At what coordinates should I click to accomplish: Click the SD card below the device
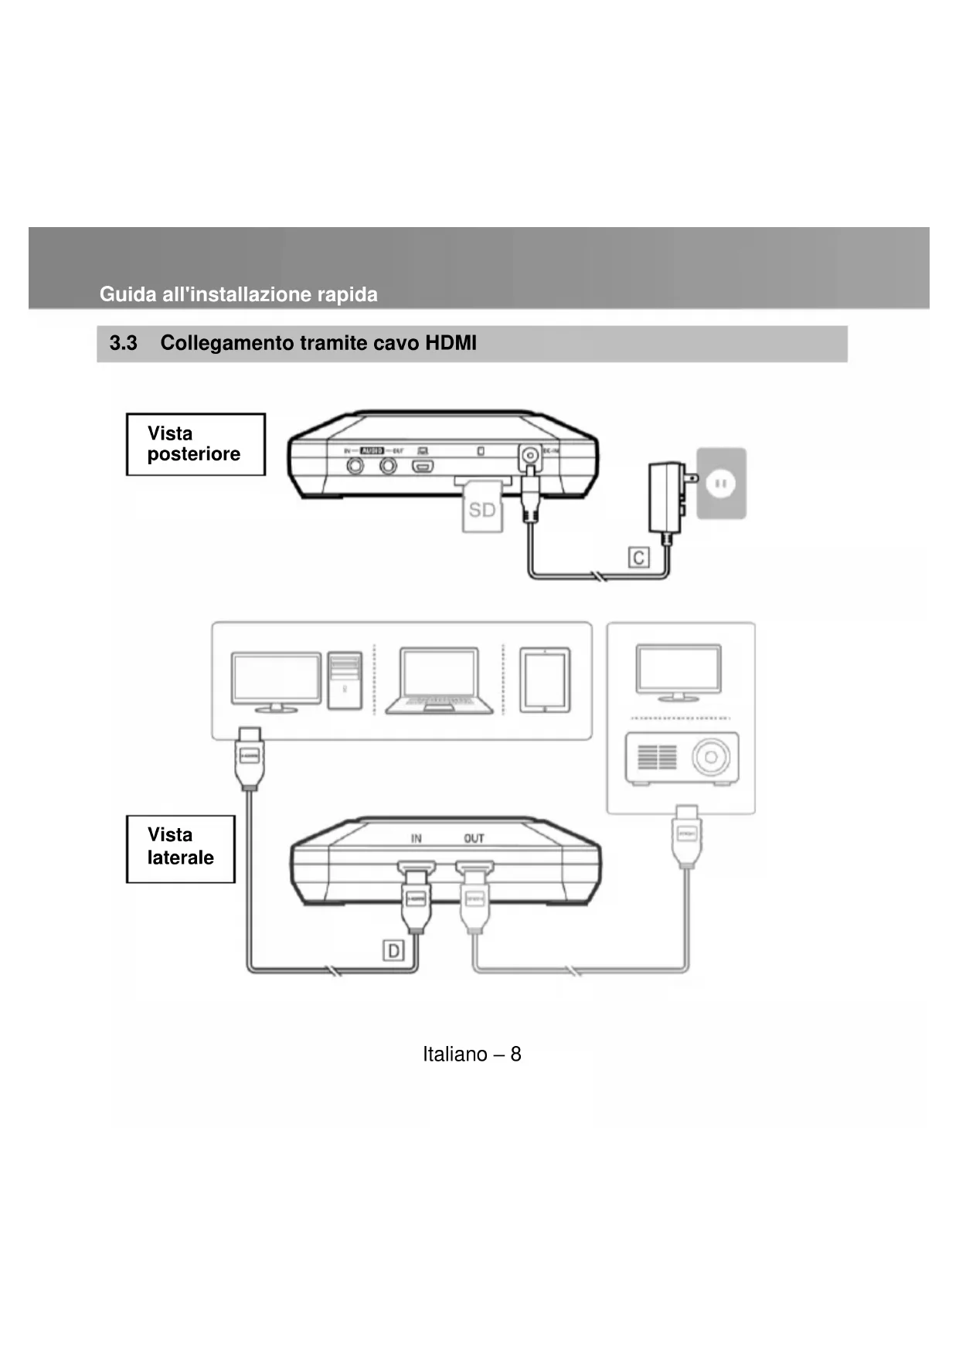coord(482,509)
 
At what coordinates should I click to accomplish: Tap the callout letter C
coord(638,558)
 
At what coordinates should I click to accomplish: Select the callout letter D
coord(393,950)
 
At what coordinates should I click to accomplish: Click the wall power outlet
coord(722,484)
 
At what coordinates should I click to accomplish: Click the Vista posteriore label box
coord(196,444)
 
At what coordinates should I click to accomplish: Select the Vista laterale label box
coord(180,848)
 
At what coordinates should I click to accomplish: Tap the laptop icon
coord(439,680)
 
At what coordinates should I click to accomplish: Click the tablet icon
coord(545,680)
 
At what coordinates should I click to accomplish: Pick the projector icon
coord(681,758)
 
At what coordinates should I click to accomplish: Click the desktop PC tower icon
coord(345,680)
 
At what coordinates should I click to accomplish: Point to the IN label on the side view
coord(416,838)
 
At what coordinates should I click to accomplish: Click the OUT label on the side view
coord(474,838)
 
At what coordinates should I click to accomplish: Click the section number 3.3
coord(124,343)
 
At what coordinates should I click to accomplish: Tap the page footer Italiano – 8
coord(471,1054)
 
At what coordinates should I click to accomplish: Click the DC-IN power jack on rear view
coord(530,456)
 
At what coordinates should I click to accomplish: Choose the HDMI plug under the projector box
coord(687,836)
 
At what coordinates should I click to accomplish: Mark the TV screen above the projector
coord(678,669)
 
